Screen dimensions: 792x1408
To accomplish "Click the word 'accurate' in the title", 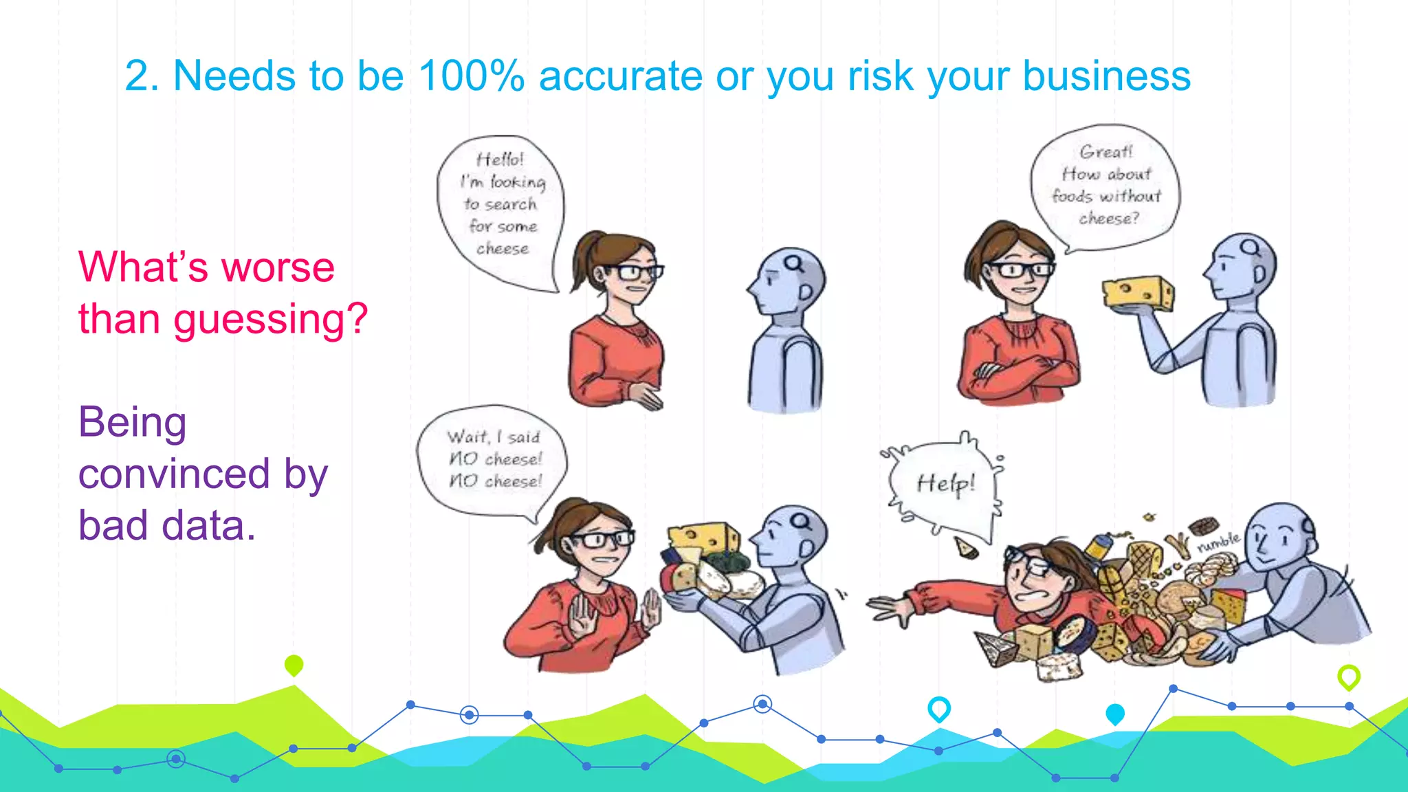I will pyautogui.click(x=620, y=76).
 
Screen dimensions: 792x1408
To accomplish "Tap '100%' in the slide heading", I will pyautogui.click(x=471, y=76).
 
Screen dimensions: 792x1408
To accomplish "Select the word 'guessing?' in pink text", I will pyautogui.click(x=271, y=320).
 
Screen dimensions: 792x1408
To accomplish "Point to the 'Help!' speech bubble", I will pyautogui.click(x=945, y=484).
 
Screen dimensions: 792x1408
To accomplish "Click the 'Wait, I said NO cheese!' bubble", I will pyautogui.click(x=494, y=459).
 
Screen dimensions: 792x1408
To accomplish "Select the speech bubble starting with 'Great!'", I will pyautogui.click(x=1105, y=186).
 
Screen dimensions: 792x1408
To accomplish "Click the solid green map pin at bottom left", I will pyautogui.click(x=294, y=665).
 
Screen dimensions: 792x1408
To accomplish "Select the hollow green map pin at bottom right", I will pyautogui.click(x=1348, y=676).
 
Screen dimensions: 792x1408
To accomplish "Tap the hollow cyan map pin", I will pyautogui.click(x=938, y=708).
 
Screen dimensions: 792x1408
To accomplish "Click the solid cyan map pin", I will pyautogui.click(x=1114, y=714).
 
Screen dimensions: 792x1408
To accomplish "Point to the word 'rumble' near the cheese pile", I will pyautogui.click(x=1218, y=542).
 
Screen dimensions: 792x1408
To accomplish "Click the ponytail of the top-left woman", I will pyautogui.click(x=584, y=258).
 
